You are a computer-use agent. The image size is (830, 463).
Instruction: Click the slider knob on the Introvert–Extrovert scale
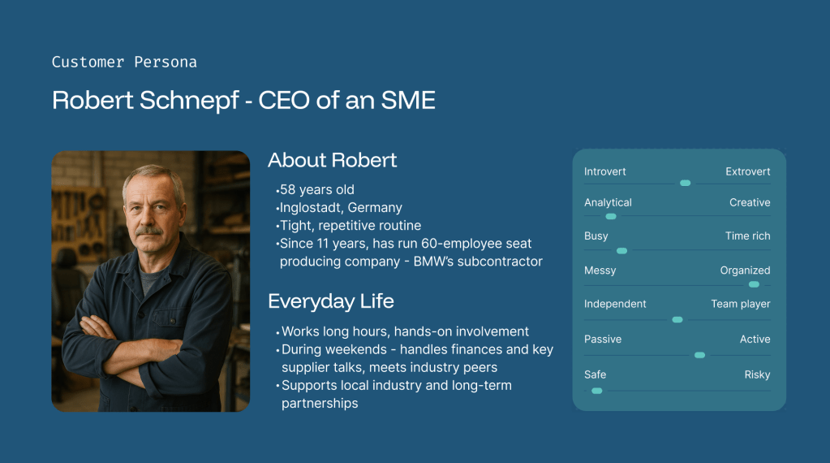click(685, 184)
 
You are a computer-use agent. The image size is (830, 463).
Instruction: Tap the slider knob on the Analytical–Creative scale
click(611, 217)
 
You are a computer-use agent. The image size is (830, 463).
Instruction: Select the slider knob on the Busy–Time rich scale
click(622, 251)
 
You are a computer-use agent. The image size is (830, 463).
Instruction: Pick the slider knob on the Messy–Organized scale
click(754, 285)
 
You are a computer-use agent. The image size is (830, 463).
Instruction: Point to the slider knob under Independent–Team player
click(677, 320)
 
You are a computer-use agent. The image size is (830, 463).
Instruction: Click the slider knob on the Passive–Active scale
click(699, 356)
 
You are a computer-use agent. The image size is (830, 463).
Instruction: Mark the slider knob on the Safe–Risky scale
click(596, 391)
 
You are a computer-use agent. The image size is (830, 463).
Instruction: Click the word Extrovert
click(747, 171)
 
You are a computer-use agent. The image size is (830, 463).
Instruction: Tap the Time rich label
click(747, 236)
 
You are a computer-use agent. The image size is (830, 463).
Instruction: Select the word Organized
click(745, 270)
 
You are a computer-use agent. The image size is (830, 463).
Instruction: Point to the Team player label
click(741, 304)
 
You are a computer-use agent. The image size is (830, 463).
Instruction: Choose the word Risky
click(757, 375)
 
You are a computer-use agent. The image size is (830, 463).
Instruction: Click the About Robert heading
click(333, 160)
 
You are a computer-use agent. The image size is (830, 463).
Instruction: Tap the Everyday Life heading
click(331, 301)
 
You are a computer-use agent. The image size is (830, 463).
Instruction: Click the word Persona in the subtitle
click(166, 63)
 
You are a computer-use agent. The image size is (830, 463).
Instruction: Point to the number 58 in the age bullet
click(287, 189)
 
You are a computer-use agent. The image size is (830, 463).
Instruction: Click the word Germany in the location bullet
click(375, 208)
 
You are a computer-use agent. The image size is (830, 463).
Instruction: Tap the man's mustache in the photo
click(149, 231)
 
